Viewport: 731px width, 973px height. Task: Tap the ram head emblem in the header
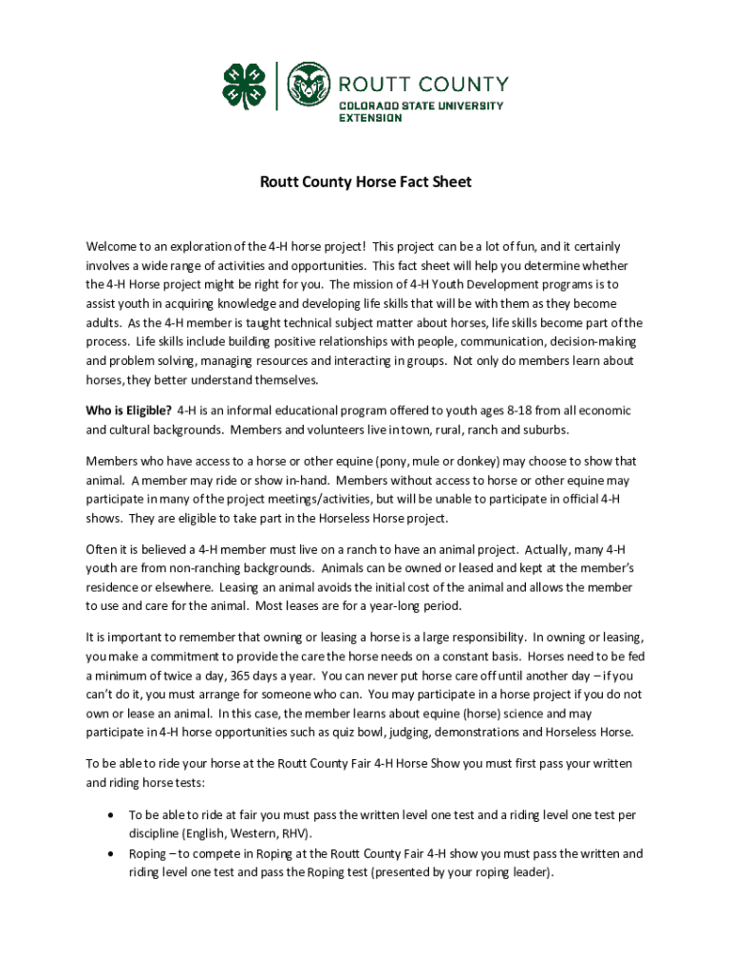[x=310, y=86]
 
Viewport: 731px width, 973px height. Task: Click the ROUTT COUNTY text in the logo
[x=423, y=84]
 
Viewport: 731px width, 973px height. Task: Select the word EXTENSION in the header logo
[x=371, y=118]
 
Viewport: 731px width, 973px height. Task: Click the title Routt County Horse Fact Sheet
[x=365, y=181]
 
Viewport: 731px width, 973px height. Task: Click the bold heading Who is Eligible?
[x=129, y=410]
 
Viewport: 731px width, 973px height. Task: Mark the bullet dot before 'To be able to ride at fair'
[x=113, y=815]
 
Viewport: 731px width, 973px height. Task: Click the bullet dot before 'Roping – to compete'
[x=113, y=853]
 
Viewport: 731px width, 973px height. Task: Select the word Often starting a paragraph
[x=102, y=549]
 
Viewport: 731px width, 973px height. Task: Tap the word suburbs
[x=548, y=429]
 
